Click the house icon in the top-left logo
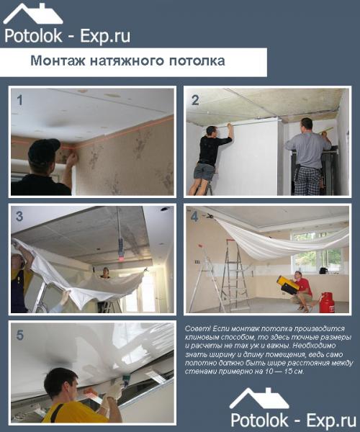tap(32, 14)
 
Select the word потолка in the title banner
tap(197, 61)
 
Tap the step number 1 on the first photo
tap(20, 100)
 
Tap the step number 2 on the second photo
tap(195, 100)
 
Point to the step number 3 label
tap(20, 217)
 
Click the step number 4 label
tap(195, 217)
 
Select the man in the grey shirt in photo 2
tap(307, 155)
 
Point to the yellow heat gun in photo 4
tap(287, 285)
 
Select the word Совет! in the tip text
tap(198, 329)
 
